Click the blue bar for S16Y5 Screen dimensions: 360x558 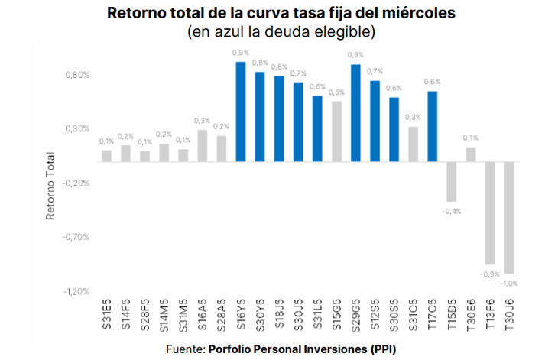(240, 112)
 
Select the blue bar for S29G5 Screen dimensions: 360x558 (355, 113)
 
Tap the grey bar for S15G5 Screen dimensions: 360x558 (336, 131)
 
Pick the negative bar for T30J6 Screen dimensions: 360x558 (509, 218)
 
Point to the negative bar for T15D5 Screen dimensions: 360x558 (452, 182)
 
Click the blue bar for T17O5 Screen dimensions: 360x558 (432, 127)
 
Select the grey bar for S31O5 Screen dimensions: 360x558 (413, 144)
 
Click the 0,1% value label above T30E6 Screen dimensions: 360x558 (471, 138)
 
